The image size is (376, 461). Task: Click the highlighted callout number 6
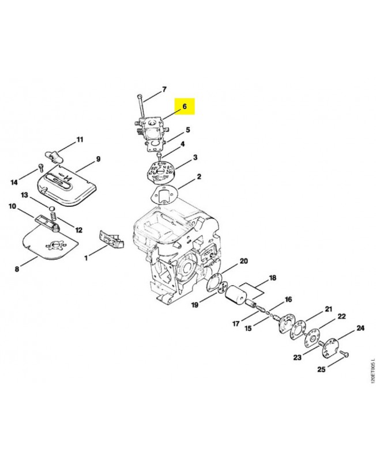tap(185, 106)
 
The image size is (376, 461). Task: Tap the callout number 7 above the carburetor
tap(164, 89)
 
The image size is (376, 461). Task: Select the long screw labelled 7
tap(141, 106)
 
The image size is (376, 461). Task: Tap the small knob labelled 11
tap(54, 156)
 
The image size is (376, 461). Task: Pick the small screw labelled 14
tap(41, 168)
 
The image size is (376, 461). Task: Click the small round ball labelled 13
tap(52, 209)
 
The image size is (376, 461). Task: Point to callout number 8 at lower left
tap(17, 269)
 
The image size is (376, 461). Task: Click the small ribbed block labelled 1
tap(111, 239)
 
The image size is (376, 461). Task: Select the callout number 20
tap(244, 261)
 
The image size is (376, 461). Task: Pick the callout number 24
tap(360, 328)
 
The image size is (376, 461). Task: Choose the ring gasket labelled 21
tap(298, 331)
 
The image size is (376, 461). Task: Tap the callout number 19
tap(195, 305)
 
